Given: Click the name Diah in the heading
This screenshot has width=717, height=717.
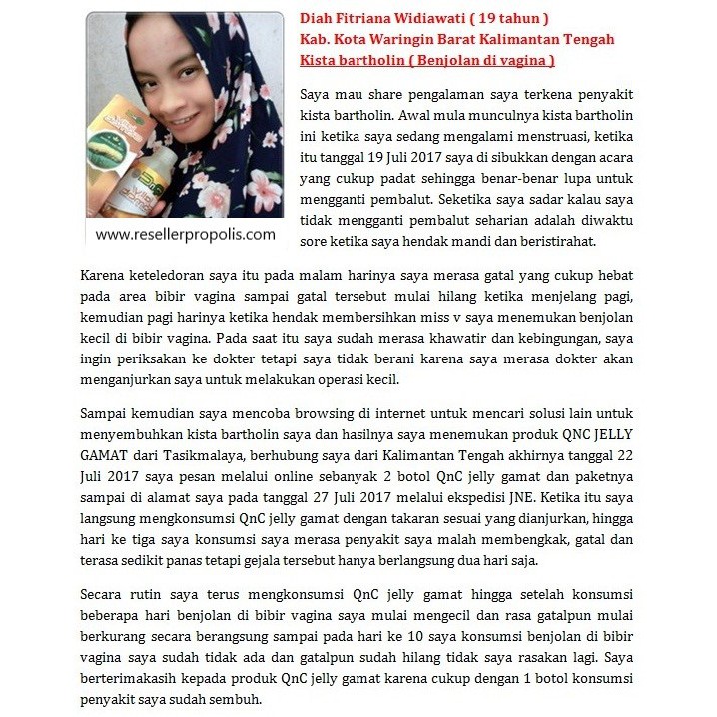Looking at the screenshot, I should click(x=318, y=19).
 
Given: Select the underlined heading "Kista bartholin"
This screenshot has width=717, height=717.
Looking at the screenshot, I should click(x=352, y=61).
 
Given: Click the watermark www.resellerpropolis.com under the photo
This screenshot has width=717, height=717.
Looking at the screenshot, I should click(x=185, y=235).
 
